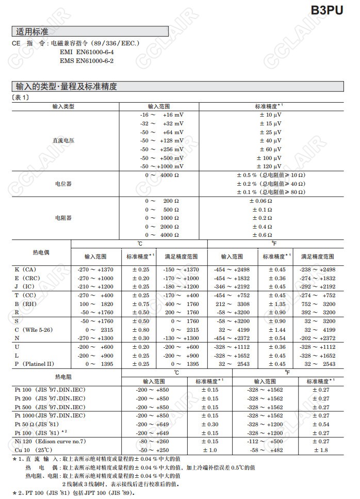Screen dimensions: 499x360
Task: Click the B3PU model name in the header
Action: tap(326, 11)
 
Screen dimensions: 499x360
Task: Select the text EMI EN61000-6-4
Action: tap(87, 52)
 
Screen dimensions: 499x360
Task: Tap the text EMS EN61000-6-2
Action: tap(87, 61)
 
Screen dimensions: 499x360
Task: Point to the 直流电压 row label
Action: tap(63, 140)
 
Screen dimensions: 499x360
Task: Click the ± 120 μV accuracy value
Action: tap(269, 166)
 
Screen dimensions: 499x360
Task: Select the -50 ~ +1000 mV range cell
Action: tap(161, 166)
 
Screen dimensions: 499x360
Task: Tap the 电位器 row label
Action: tap(63, 183)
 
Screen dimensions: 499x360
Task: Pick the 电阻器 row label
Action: tap(63, 218)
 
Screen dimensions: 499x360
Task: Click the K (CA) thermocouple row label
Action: tap(25, 269)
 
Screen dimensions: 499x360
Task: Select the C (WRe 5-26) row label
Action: tap(35, 329)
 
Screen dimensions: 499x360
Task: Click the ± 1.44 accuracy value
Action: tap(276, 329)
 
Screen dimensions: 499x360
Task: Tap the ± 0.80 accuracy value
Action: tap(140, 329)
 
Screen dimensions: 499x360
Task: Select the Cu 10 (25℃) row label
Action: tap(33, 450)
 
